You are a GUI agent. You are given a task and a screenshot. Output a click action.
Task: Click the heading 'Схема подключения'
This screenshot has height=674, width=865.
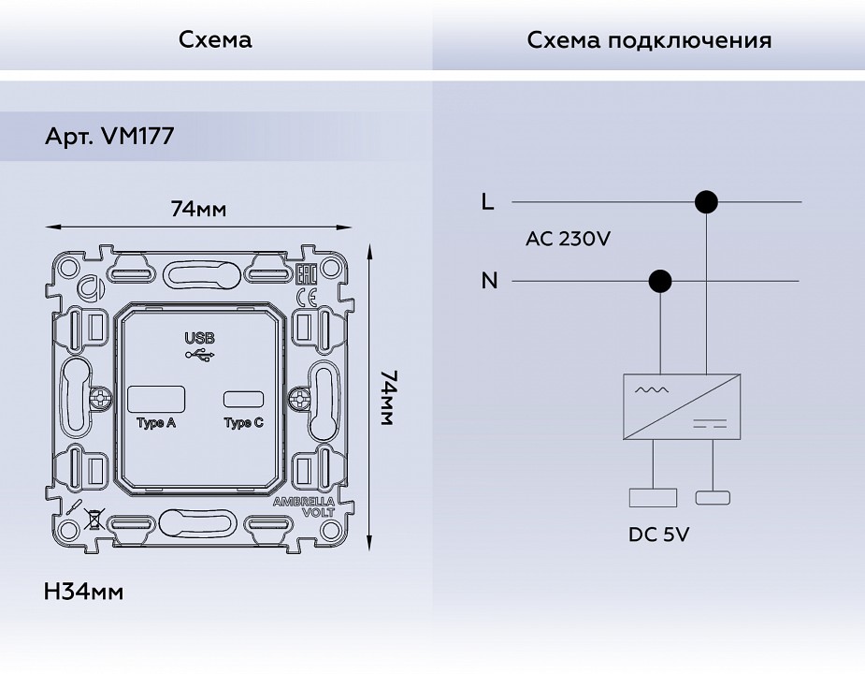coord(649,40)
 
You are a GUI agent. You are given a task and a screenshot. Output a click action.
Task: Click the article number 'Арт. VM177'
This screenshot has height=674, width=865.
coord(109,137)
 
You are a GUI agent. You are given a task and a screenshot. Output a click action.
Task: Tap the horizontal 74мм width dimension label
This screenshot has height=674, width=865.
coord(198,209)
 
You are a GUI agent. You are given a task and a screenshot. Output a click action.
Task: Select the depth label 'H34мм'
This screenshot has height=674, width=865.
coord(83,592)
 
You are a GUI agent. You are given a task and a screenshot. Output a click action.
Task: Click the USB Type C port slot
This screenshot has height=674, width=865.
coord(244,399)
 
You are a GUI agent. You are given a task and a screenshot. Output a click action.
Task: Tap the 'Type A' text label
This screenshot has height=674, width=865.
coord(156,423)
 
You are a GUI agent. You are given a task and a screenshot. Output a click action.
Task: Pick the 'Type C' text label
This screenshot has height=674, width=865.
coord(244,423)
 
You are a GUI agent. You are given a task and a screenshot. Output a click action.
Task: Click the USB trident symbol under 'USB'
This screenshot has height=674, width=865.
coord(199,356)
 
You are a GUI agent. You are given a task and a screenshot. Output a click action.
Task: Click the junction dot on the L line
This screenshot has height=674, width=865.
coord(706,201)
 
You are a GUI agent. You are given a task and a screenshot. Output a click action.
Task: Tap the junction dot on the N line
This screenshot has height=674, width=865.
coord(660,281)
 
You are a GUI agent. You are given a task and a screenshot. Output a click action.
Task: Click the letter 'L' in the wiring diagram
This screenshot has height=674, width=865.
coord(486,201)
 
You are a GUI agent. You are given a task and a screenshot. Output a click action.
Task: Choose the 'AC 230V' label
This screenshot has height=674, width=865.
coord(568,239)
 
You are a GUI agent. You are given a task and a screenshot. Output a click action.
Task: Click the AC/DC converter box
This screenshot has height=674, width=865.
coord(682,406)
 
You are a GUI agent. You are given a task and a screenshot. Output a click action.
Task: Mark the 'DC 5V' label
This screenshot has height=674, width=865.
coord(659,535)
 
